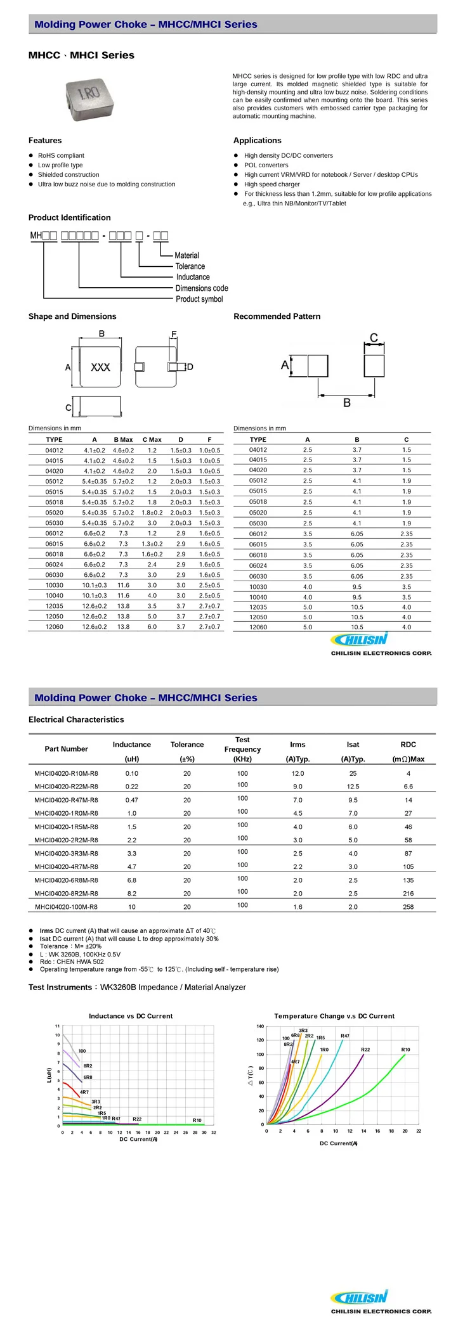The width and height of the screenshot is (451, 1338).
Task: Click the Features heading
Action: point(45,141)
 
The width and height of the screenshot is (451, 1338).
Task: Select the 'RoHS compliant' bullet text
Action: point(61,156)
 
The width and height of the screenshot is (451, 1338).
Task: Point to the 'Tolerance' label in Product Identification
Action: point(190,267)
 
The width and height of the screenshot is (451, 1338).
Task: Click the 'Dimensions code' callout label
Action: point(201,288)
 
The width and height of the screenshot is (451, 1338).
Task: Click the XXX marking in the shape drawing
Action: point(100,368)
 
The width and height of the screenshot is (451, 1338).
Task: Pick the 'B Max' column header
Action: point(123,440)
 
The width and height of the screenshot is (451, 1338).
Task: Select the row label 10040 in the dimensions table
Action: point(55,596)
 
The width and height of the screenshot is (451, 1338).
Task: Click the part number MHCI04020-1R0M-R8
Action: point(66,814)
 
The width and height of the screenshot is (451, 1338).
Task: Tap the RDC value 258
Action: point(408,907)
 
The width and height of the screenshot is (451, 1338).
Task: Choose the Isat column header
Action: point(353,745)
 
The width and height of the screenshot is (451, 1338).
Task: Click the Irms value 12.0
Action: point(297,774)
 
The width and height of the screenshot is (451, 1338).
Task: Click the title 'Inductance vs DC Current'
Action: point(131,1016)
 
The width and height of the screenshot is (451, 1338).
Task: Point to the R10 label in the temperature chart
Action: point(405,1050)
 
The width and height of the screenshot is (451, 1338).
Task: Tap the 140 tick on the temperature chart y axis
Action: point(260,1026)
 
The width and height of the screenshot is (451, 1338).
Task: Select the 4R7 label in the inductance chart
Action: point(84,1092)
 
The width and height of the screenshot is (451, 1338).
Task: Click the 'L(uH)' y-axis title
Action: point(49,1075)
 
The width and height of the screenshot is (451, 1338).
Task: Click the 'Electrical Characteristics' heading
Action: point(76,720)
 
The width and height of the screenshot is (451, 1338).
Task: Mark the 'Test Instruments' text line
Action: point(137,987)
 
